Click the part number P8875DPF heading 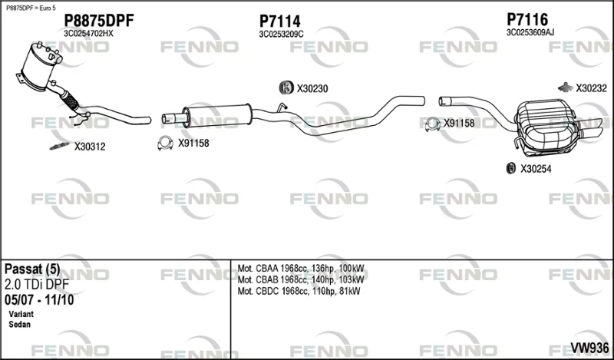pyautogui.click(x=99, y=21)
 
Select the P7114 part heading pyautogui.click(x=279, y=21)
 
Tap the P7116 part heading pyautogui.click(x=527, y=19)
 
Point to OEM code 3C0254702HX pyautogui.click(x=88, y=34)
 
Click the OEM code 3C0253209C pyautogui.click(x=281, y=35)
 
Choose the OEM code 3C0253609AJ pyautogui.click(x=530, y=32)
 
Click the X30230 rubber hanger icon pyautogui.click(x=286, y=88)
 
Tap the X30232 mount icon pyautogui.click(x=566, y=88)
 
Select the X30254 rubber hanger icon pyautogui.click(x=511, y=168)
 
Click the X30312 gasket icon pyautogui.click(x=60, y=146)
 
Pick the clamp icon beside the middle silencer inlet pyautogui.click(x=165, y=144)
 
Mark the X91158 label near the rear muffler pyautogui.click(x=459, y=124)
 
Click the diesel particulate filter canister pyautogui.click(x=39, y=65)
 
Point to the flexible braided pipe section pyautogui.click(x=70, y=101)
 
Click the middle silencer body pyautogui.click(x=217, y=115)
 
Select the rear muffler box pyautogui.click(x=546, y=127)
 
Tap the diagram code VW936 pyautogui.click(x=589, y=348)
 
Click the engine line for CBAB pyautogui.click(x=301, y=279)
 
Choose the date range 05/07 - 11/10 pyautogui.click(x=39, y=300)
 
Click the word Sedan pyautogui.click(x=20, y=325)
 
